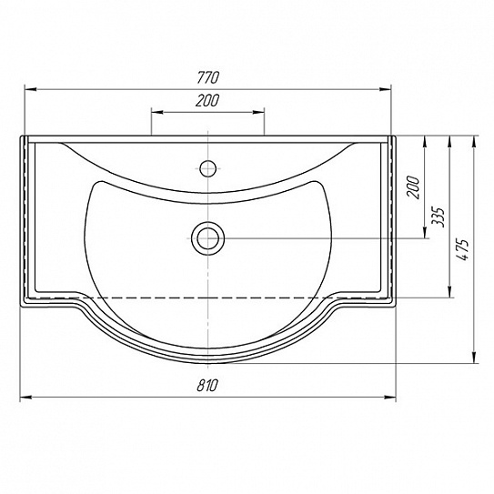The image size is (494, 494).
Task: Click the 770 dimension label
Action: (207, 77)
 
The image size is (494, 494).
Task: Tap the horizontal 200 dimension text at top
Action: (207, 100)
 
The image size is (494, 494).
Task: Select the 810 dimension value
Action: (207, 385)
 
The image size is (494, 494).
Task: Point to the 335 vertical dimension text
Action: (438, 217)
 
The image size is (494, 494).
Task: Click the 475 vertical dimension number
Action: (462, 250)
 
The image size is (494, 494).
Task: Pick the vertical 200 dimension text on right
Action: (414, 187)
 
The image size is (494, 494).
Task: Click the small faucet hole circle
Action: (208, 168)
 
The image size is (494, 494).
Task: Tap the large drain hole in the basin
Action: (208, 238)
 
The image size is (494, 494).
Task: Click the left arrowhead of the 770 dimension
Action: (31, 89)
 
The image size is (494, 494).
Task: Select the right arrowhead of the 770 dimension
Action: (385, 89)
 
